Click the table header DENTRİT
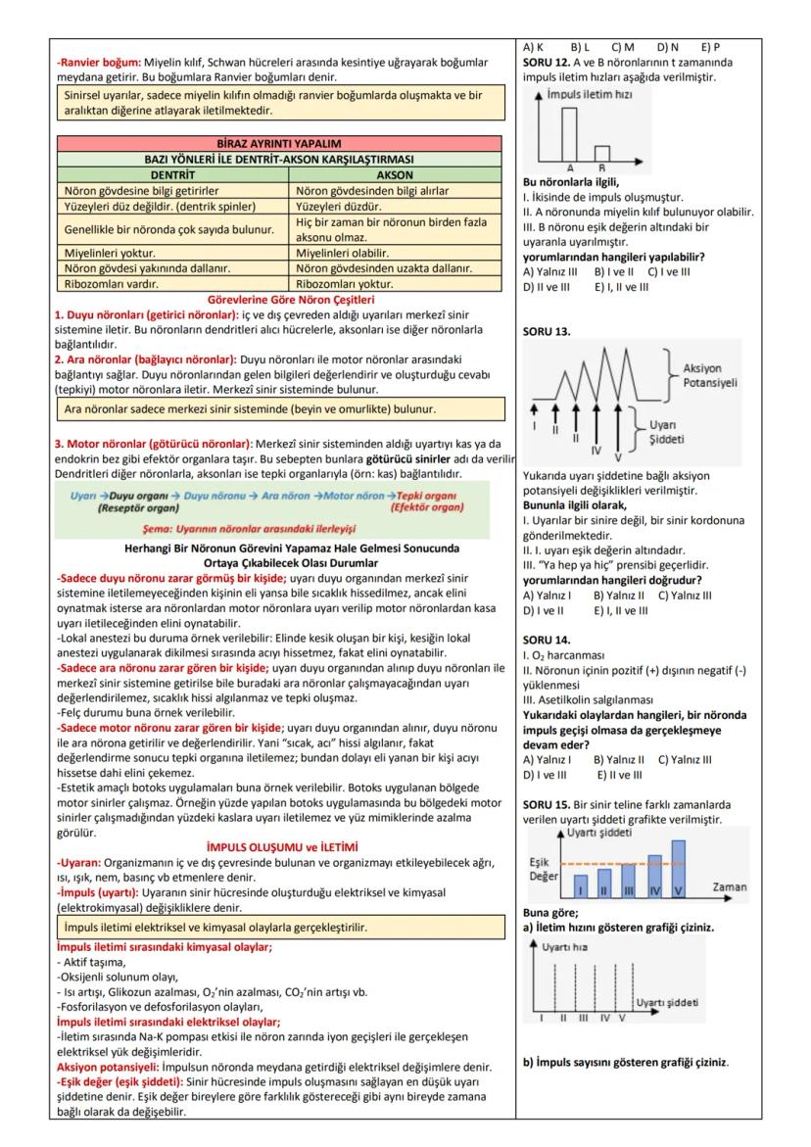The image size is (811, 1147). pos(172,174)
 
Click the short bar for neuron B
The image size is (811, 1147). pos(602,153)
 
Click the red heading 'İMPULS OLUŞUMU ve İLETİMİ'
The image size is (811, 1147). pos(282,846)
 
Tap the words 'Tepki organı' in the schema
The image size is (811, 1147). pos(427,496)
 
